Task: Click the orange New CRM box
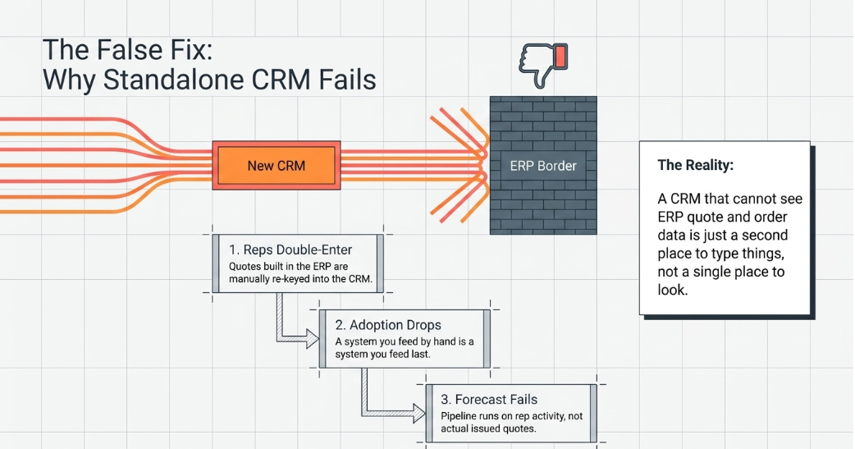click(277, 165)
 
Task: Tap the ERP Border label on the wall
click(543, 166)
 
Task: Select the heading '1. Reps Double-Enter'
click(290, 250)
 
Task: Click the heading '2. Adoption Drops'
click(388, 325)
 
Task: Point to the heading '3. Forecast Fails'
click(489, 400)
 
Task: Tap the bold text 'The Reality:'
click(695, 165)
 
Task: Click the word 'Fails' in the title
click(347, 80)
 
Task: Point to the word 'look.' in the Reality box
click(673, 290)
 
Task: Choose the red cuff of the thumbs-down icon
click(560, 56)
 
